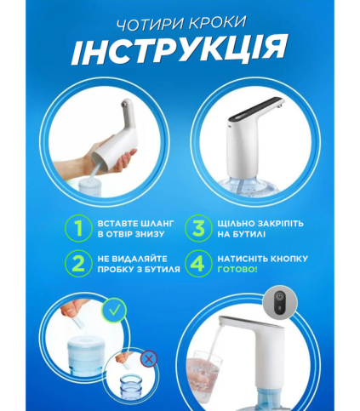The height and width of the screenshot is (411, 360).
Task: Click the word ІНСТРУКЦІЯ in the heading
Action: pyautogui.click(x=180, y=50)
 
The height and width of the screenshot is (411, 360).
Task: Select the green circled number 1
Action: pyautogui.click(x=78, y=229)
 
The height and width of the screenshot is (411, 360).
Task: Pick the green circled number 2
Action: pyautogui.click(x=78, y=263)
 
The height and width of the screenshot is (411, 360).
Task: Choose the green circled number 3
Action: pyautogui.click(x=198, y=229)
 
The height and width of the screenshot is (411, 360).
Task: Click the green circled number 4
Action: pyautogui.click(x=198, y=263)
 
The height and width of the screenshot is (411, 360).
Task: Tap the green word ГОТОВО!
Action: pyautogui.click(x=237, y=269)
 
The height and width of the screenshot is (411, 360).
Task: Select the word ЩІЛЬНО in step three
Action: pyautogui.click(x=236, y=224)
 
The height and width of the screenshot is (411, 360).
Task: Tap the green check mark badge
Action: pyautogui.click(x=114, y=311)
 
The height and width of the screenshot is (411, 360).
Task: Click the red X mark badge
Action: pyautogui.click(x=149, y=360)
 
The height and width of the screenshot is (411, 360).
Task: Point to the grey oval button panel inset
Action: pyautogui.click(x=280, y=302)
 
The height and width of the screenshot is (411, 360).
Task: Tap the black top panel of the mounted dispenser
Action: pyautogui.click(x=257, y=109)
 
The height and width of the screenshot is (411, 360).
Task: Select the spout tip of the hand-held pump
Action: pyautogui.click(x=123, y=104)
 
